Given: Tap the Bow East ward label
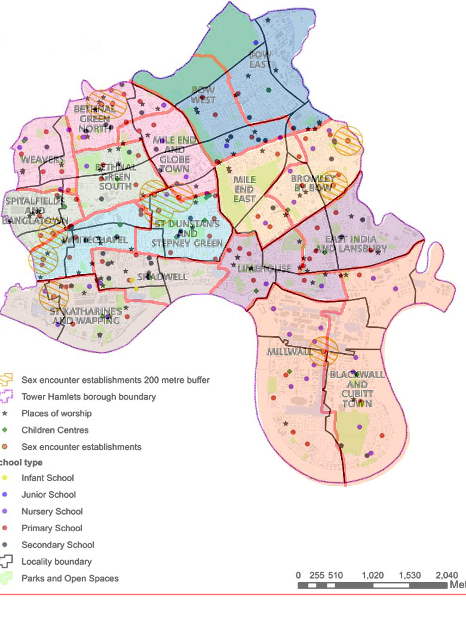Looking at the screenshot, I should point(260,59).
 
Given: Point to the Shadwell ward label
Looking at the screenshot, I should point(154,277).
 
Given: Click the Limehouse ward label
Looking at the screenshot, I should point(255,269).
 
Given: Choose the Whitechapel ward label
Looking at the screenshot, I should point(94,239).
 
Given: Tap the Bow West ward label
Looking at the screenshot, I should point(203,95).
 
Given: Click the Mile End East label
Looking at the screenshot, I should point(244,189).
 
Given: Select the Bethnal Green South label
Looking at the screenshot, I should point(115,176).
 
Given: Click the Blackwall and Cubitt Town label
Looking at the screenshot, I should point(357,389).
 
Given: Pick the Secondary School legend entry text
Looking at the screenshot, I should point(57,545).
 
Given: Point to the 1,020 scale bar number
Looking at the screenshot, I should point(373,576).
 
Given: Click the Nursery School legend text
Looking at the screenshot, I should point(52,512).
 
